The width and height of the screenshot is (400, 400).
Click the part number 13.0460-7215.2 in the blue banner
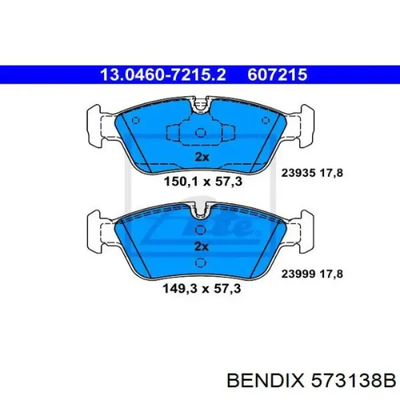tap(163, 75)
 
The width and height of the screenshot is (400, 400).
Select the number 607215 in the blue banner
tap(277, 75)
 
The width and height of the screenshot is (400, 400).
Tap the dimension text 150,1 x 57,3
tap(203, 181)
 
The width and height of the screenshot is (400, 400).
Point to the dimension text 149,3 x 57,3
tap(202, 289)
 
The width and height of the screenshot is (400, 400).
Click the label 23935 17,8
tap(312, 173)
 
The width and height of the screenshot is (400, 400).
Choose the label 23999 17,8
tap(312, 274)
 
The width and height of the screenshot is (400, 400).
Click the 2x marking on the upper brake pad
tap(202, 157)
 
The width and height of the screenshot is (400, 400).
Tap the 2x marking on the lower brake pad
tap(201, 247)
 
